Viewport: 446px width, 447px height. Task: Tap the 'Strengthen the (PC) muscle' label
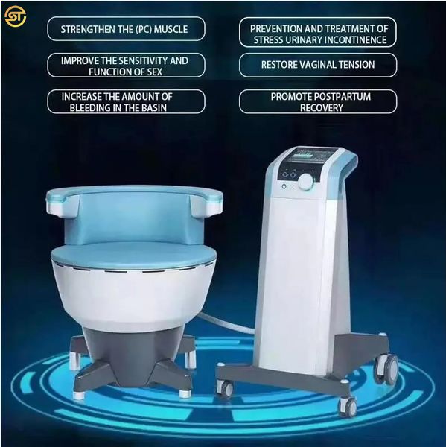point(125,29)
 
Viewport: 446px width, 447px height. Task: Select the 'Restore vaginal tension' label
point(317,65)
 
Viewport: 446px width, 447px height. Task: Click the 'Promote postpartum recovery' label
point(317,101)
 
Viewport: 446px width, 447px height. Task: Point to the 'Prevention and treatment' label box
point(317,33)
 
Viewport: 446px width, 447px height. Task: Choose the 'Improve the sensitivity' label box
point(125,66)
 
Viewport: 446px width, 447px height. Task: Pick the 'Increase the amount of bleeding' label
point(125,101)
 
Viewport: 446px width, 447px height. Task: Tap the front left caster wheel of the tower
point(226,388)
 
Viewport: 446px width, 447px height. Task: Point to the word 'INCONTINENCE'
point(352,39)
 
